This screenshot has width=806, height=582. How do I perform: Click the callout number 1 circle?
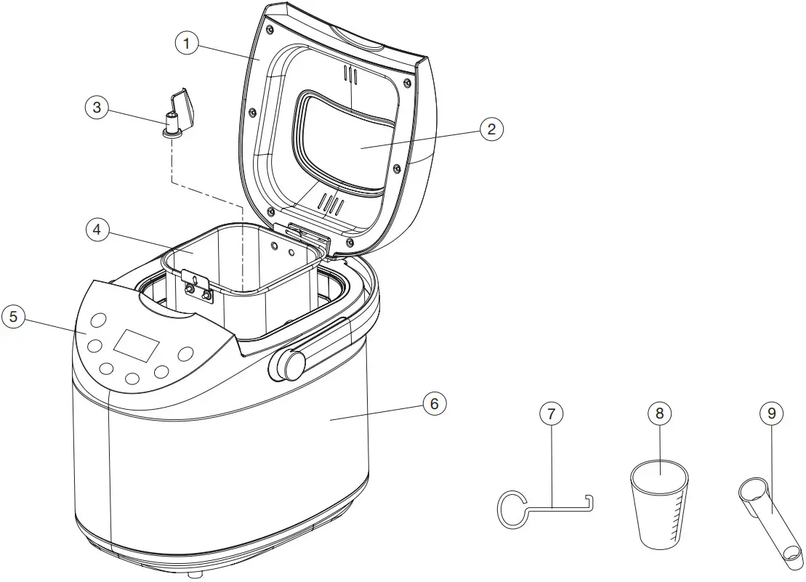pos(187,44)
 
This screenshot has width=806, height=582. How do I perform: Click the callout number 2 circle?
pos(491,129)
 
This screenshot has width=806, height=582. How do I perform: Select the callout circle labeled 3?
pos(97,108)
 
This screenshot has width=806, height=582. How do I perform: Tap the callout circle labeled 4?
pos(97,230)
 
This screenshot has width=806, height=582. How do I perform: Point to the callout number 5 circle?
pos(13,317)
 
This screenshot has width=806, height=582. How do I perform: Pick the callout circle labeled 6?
pos(435,403)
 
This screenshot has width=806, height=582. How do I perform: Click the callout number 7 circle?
pos(551,414)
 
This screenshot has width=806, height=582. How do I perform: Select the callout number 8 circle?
pos(660,414)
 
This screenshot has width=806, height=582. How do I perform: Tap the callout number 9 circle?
pos(772,414)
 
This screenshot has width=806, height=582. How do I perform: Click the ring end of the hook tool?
pos(514,506)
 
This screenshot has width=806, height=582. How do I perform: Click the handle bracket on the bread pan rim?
pos(197,285)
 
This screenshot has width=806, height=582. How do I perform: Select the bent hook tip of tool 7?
pos(589,502)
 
